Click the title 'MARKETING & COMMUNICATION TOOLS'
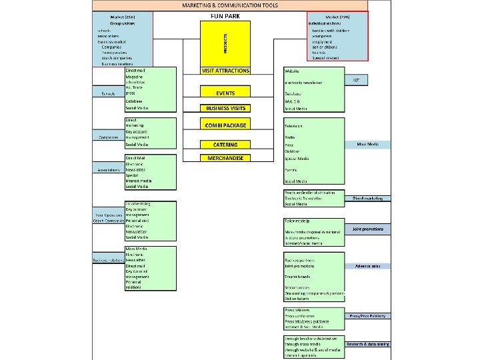(230, 5)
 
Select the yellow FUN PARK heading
(225, 15)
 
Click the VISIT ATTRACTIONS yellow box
(225, 70)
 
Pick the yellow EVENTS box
(225, 93)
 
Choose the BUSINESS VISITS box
(225, 107)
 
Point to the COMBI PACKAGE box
(225, 125)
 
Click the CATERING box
(225, 144)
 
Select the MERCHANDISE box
(225, 158)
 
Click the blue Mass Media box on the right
(366, 144)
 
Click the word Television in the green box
(294, 125)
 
